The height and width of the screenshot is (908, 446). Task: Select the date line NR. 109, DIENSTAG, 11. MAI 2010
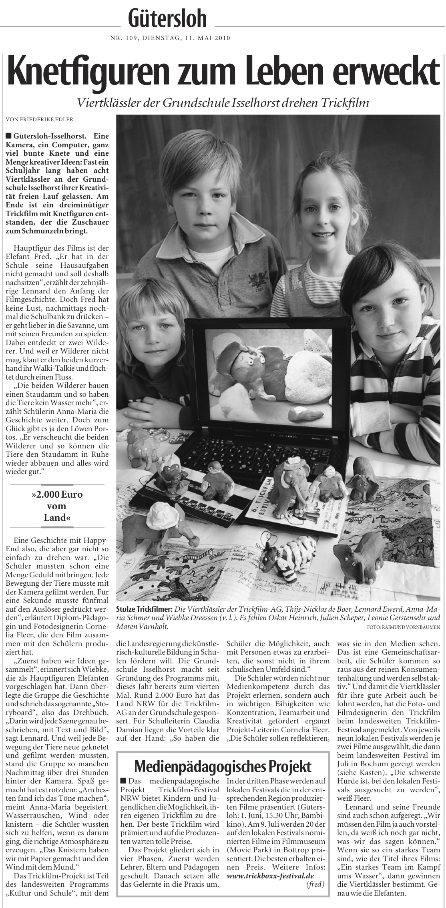tap(170, 38)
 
